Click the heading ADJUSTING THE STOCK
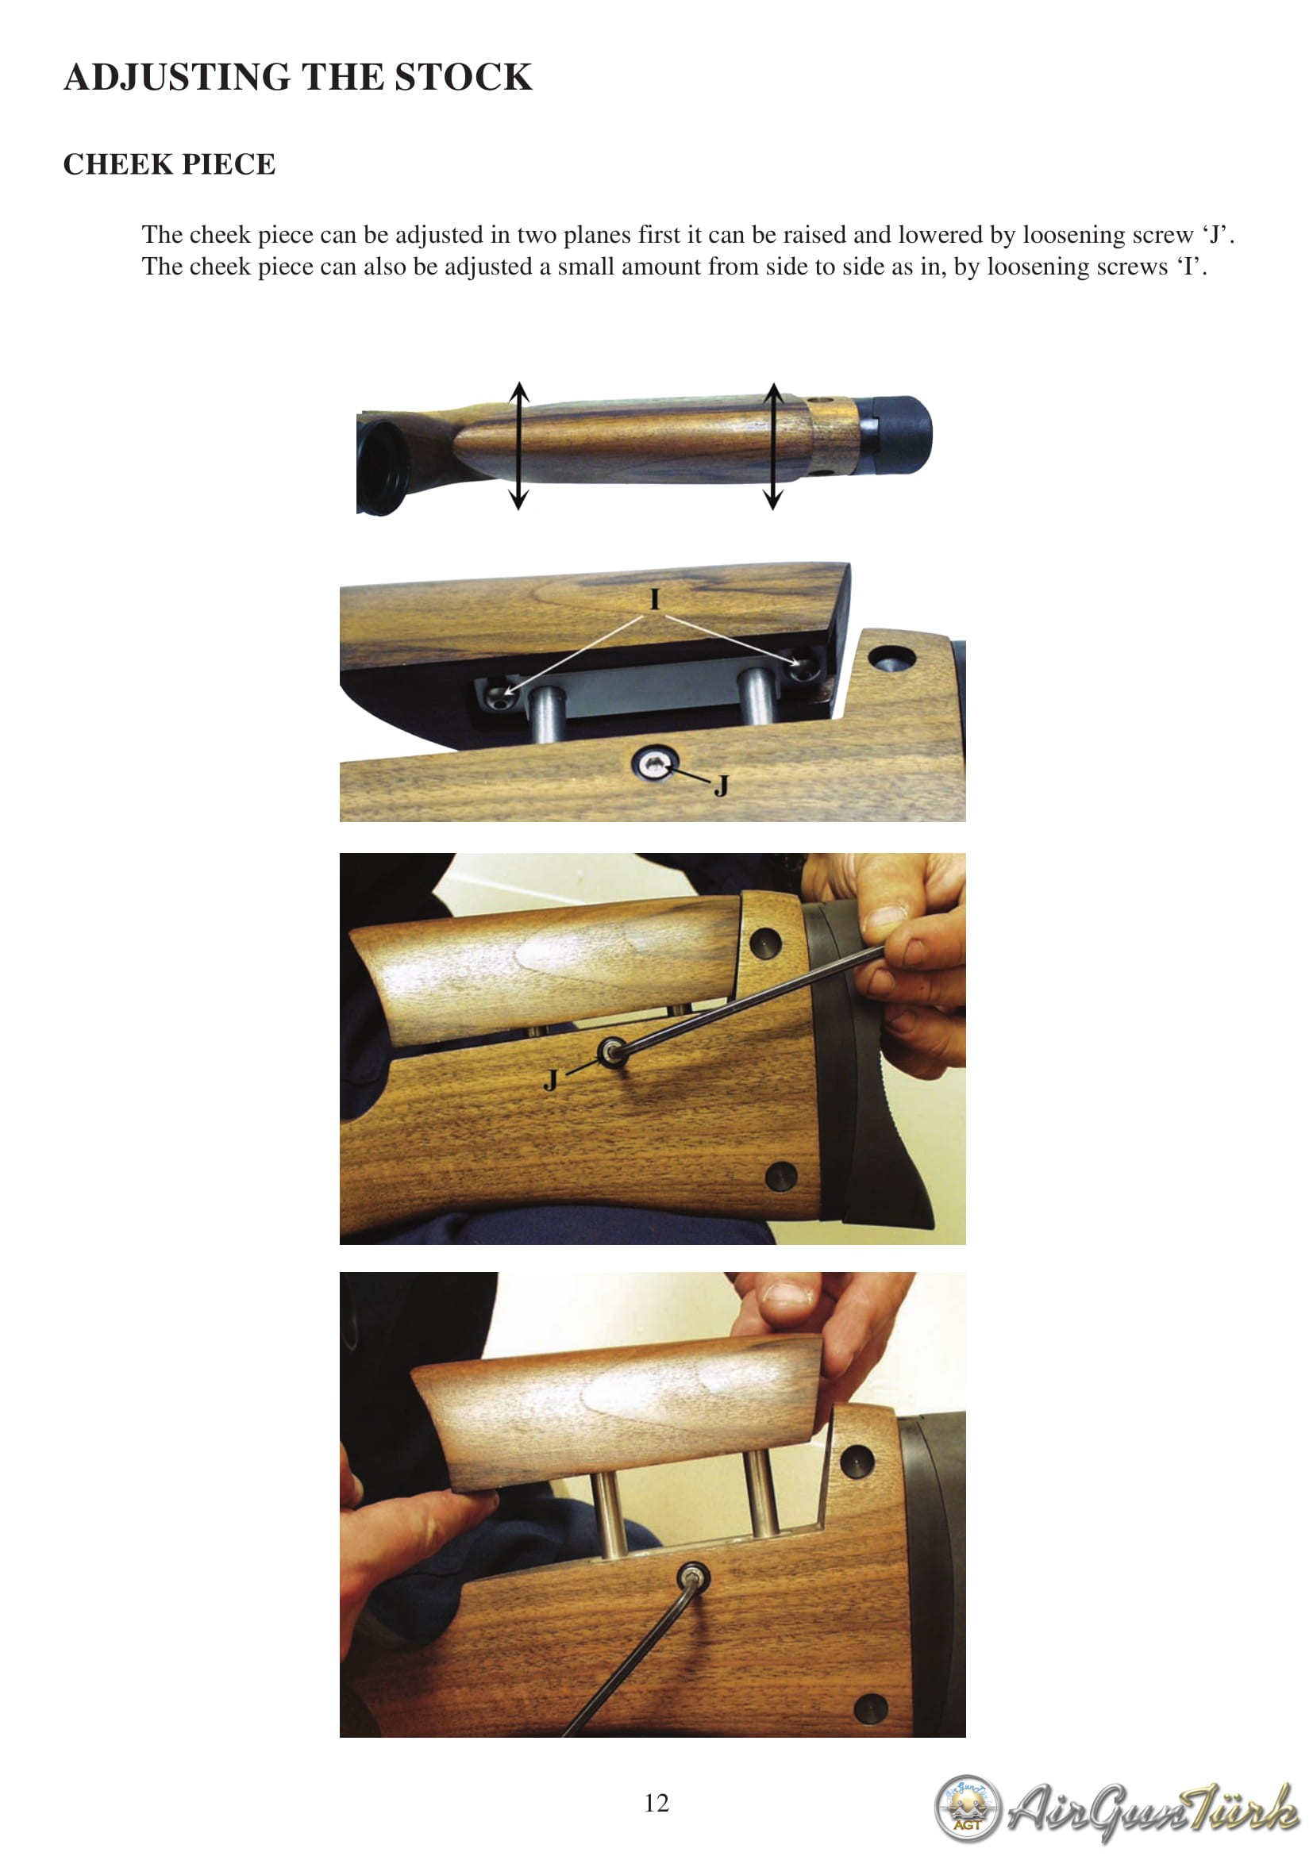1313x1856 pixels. pos(298,78)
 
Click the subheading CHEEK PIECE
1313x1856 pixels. pos(169,164)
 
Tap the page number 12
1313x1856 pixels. pos(656,1802)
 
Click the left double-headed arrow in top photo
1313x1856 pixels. pos(519,446)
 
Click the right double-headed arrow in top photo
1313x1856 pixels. pos(774,446)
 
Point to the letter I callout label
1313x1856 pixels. pos(655,599)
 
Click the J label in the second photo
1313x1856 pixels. pos(721,786)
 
